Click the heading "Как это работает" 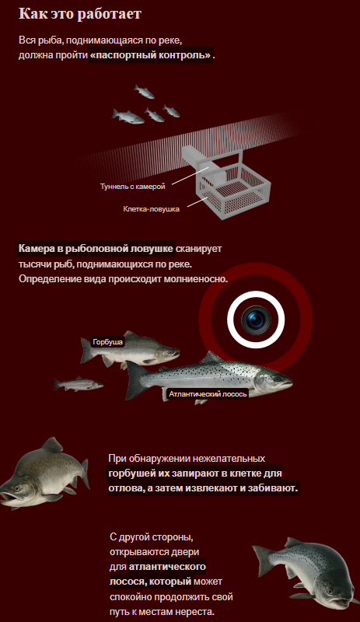pyautogui.click(x=80, y=14)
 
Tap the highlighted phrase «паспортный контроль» pyautogui.click(x=151, y=55)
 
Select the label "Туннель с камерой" pyautogui.click(x=132, y=186)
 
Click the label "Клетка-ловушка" pyautogui.click(x=151, y=208)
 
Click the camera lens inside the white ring pyautogui.click(x=256, y=320)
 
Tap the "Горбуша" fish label pyautogui.click(x=107, y=342)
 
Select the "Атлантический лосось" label pyautogui.click(x=208, y=394)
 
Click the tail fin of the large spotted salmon pyautogui.click(x=135, y=380)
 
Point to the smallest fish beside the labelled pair pyautogui.click(x=79, y=384)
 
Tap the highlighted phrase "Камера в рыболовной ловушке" pyautogui.click(x=96, y=249)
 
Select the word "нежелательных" pyautogui.click(x=232, y=458)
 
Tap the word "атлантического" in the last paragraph pyautogui.click(x=167, y=567)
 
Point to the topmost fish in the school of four pyautogui.click(x=144, y=91)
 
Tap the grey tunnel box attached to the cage pyautogui.click(x=198, y=159)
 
